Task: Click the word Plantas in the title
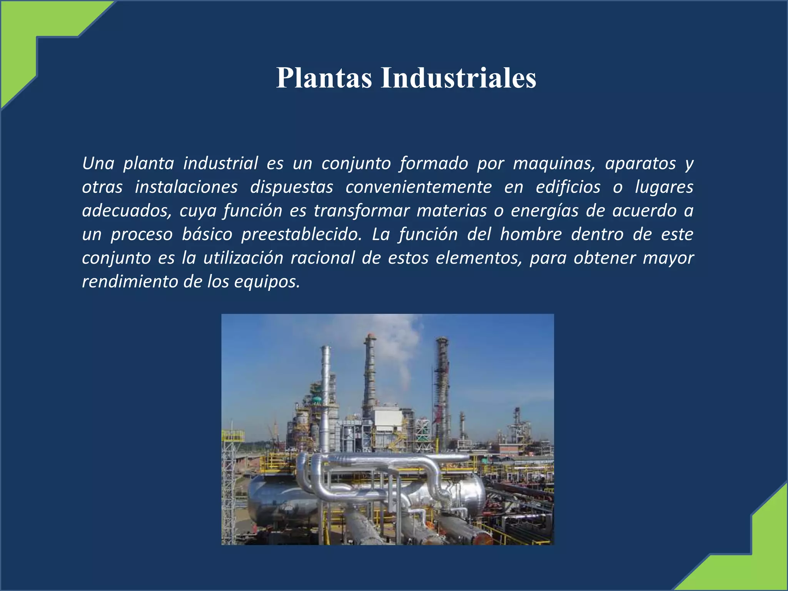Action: [324, 78]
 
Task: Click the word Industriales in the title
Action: [458, 78]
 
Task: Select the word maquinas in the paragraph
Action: [554, 164]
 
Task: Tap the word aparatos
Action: [640, 164]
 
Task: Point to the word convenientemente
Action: [419, 187]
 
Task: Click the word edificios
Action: [568, 187]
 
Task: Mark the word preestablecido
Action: [301, 235]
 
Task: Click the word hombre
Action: [531, 234]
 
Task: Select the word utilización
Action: [243, 258]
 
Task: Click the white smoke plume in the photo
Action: [402, 346]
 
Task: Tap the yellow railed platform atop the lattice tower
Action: [233, 436]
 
